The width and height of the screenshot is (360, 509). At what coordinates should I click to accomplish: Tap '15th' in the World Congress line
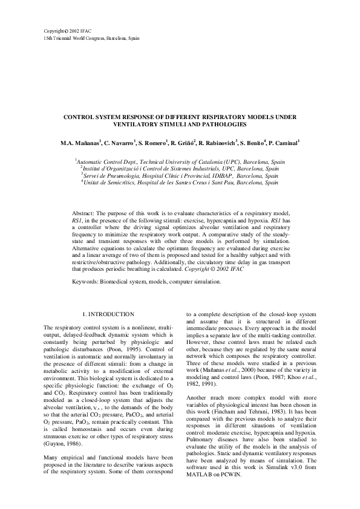(48, 38)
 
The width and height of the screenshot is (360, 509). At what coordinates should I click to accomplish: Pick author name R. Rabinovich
(217, 143)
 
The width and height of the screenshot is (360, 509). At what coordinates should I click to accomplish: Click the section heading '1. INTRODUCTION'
(107, 314)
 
